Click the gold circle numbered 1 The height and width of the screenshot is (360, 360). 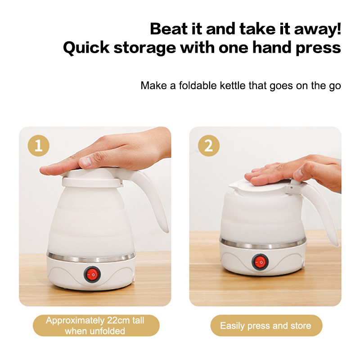click(x=39, y=145)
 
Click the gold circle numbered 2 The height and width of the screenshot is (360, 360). click(x=209, y=145)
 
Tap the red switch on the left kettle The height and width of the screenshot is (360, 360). click(x=92, y=274)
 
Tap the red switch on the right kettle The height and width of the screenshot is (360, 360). click(x=260, y=262)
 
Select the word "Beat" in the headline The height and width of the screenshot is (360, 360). click(x=169, y=29)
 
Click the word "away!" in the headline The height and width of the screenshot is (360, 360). click(x=318, y=30)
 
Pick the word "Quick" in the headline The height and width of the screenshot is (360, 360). click(x=86, y=48)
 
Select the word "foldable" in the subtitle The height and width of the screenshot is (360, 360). click(x=198, y=85)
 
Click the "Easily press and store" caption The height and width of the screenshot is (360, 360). click(x=265, y=326)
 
